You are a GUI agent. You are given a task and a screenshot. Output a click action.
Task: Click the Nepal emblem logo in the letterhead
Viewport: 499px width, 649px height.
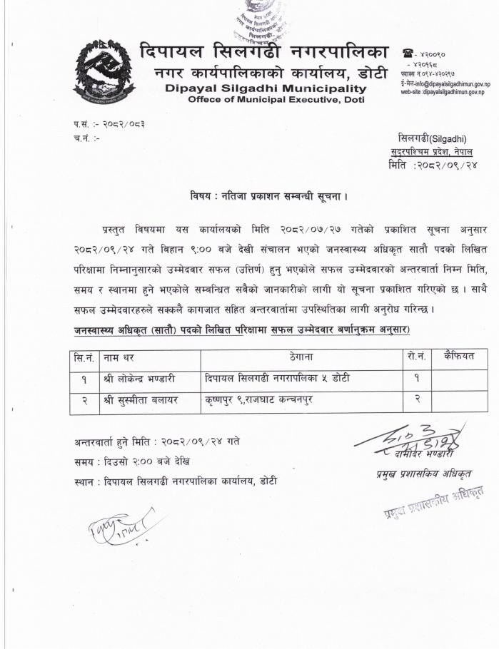tap(104, 72)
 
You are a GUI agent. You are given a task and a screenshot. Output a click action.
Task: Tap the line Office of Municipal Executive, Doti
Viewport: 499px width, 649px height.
tap(276, 100)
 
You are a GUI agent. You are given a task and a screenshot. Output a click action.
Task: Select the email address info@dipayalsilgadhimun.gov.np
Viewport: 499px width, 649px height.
tap(447, 84)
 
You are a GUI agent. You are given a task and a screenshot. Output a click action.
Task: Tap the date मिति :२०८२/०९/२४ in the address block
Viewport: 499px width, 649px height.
tap(433, 165)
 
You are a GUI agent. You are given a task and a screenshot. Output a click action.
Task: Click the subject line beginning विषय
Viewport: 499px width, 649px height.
tap(269, 195)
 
